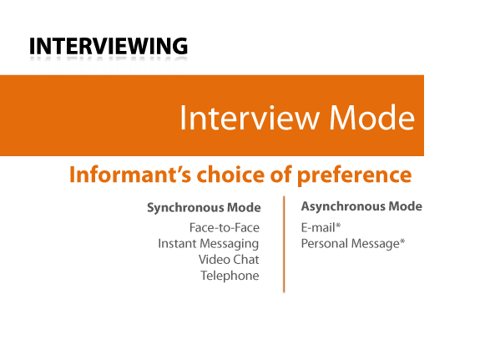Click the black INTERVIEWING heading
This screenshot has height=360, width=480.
click(109, 46)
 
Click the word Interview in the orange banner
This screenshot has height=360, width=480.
click(250, 118)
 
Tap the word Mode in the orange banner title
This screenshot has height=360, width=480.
click(371, 118)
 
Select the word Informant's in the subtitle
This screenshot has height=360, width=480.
click(130, 175)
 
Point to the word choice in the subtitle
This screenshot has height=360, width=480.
click(230, 175)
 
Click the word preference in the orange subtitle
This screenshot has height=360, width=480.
click(354, 175)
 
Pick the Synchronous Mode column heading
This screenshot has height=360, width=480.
click(204, 208)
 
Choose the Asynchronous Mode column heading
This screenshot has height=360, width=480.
click(361, 206)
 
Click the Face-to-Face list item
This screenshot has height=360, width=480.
click(225, 228)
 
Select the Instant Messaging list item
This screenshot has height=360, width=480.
click(209, 244)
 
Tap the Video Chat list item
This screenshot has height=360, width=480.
click(229, 260)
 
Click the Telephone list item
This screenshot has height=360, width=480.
click(230, 276)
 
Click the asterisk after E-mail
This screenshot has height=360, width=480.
click(338, 226)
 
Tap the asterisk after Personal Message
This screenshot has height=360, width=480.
click(402, 241)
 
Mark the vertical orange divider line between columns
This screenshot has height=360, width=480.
click(284, 244)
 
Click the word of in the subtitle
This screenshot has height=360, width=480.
click(281, 175)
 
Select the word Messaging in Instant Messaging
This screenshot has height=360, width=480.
click(230, 244)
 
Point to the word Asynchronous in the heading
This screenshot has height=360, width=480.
click(342, 206)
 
